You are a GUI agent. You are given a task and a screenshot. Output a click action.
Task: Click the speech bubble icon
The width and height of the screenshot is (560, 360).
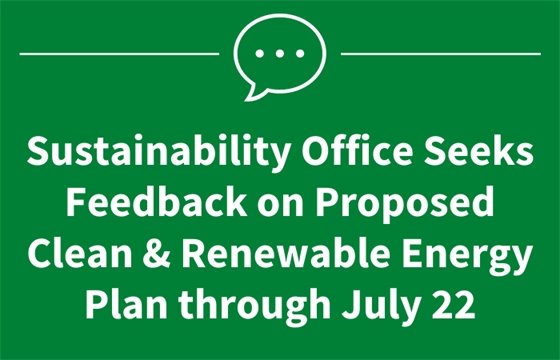click(280, 53)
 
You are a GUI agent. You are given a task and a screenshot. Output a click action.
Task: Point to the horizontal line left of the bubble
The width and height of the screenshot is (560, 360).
click(119, 52)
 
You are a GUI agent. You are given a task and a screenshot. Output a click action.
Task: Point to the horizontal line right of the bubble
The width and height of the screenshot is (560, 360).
click(440, 52)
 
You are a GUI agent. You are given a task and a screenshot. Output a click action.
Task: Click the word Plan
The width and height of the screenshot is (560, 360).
click(123, 306)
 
